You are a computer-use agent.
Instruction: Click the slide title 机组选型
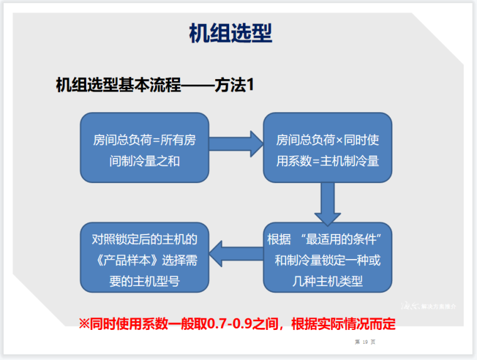click(230, 33)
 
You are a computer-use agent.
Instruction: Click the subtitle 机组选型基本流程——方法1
click(154, 85)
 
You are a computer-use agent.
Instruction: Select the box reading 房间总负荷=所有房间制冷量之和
click(144, 148)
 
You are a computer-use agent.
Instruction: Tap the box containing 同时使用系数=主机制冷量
click(327, 148)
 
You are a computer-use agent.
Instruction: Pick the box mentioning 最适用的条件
click(327, 257)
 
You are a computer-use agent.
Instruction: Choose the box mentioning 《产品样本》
click(144, 257)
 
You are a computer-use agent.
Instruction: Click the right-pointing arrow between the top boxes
click(235, 144)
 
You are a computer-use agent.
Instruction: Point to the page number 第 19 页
click(364, 342)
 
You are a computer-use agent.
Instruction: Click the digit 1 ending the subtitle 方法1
click(249, 85)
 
